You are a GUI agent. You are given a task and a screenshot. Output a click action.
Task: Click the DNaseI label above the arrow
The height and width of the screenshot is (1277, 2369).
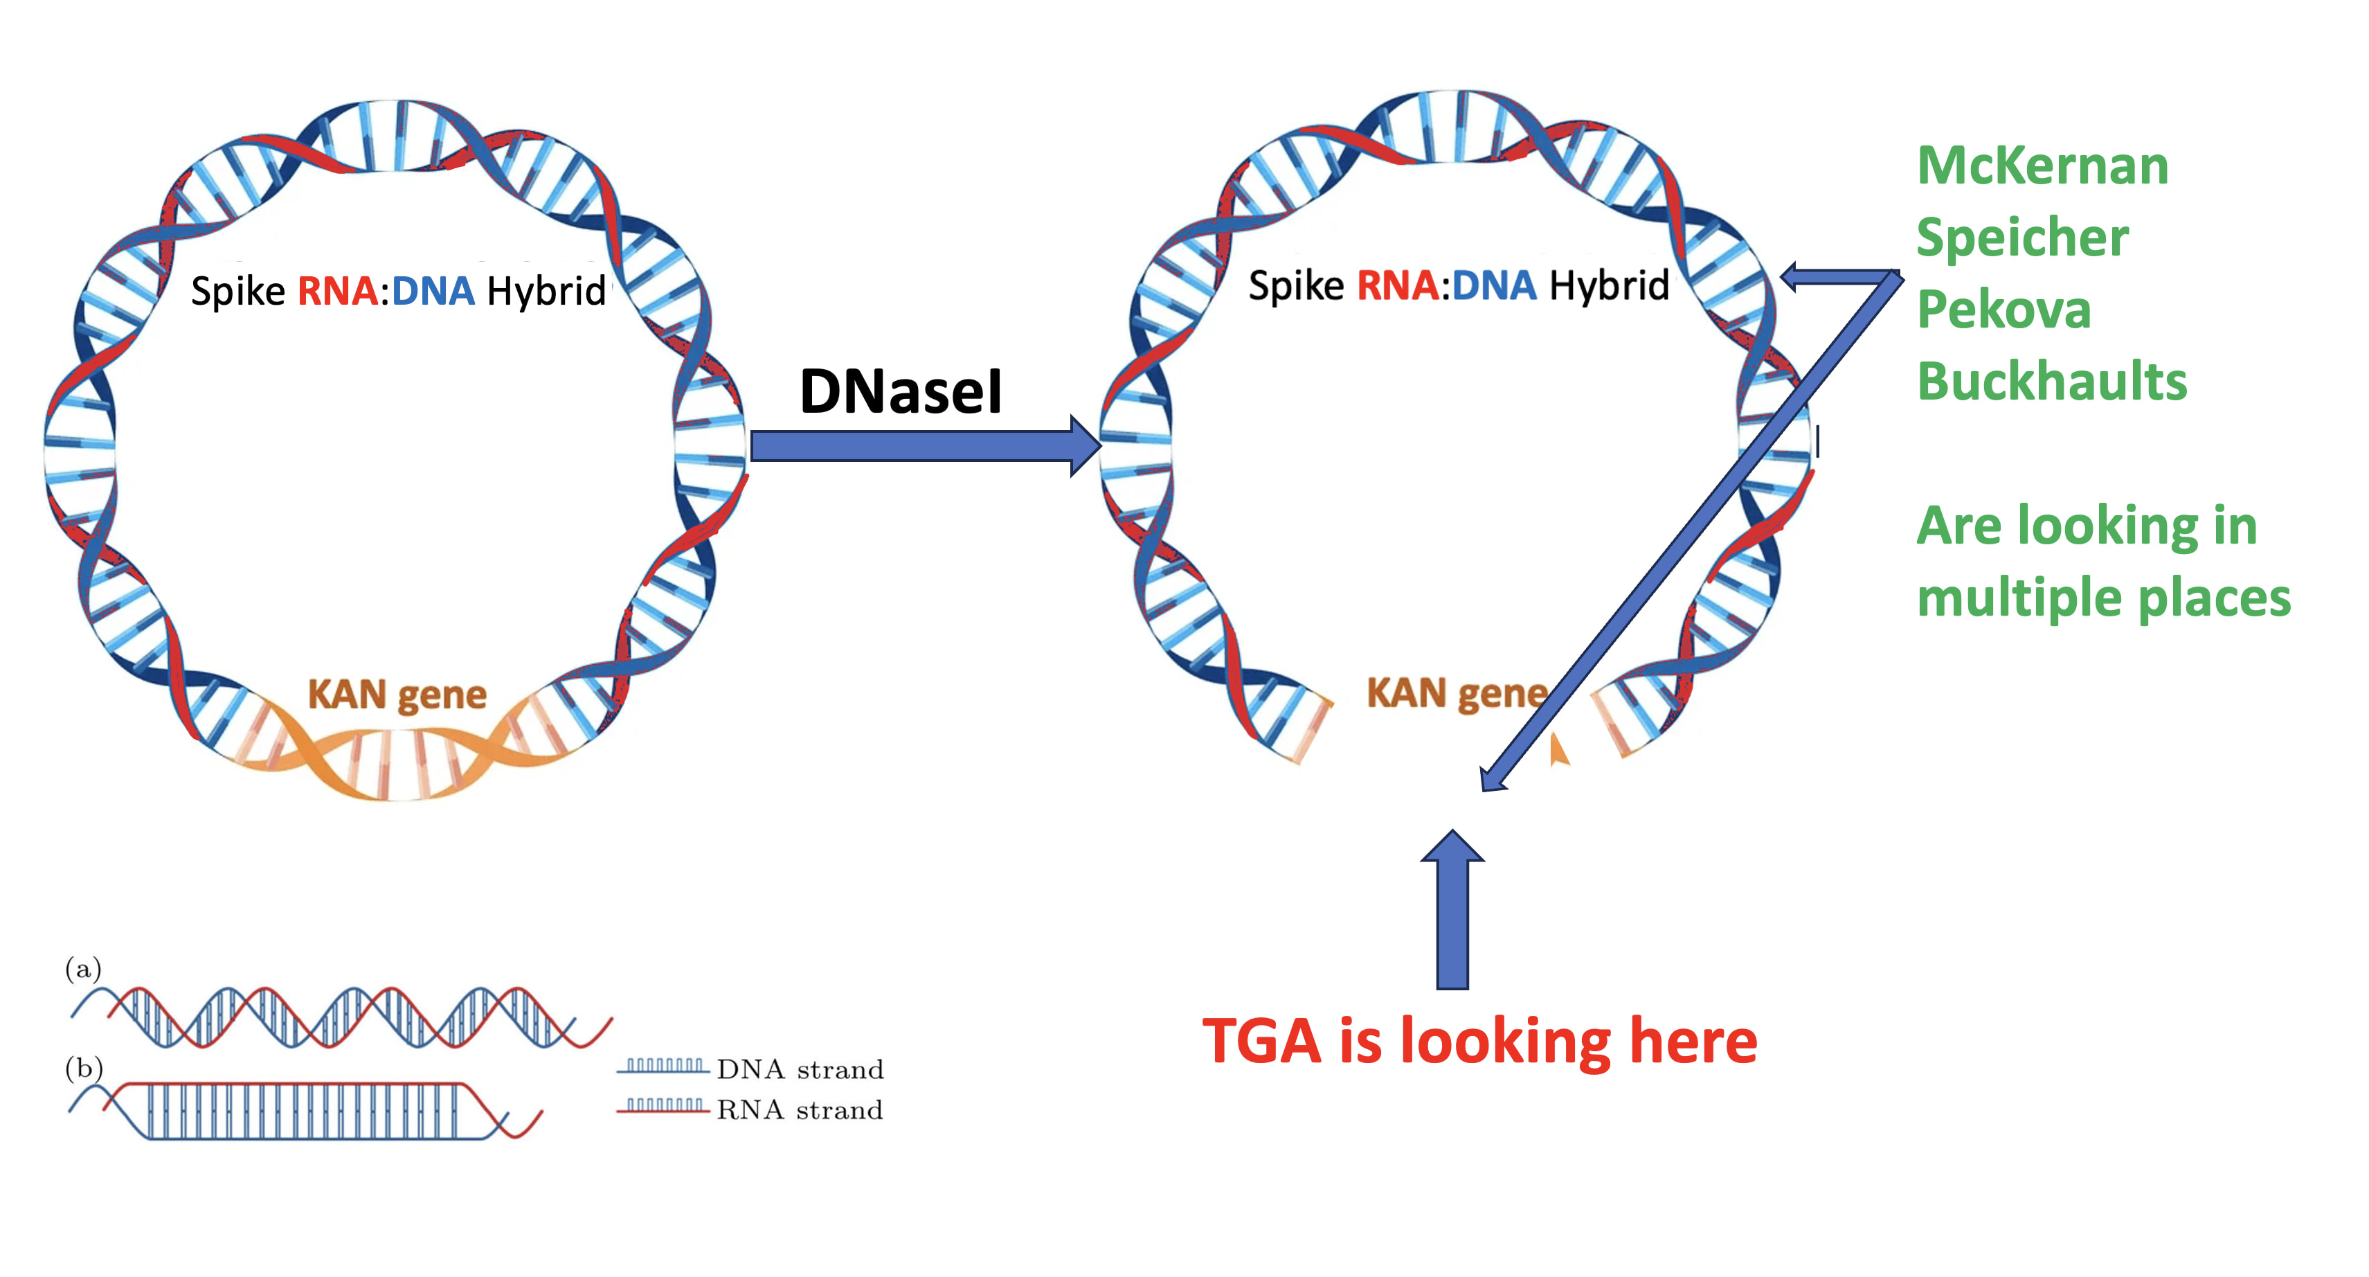click(x=899, y=391)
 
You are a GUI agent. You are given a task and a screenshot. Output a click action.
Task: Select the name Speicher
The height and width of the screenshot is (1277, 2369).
click(x=2021, y=238)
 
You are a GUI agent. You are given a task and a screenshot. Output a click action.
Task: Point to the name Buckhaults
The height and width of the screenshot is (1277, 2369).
click(x=2051, y=381)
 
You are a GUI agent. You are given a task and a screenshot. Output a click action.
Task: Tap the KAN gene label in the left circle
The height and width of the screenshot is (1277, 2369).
click(x=397, y=695)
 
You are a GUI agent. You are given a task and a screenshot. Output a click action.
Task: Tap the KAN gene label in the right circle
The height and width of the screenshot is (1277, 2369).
click(x=1456, y=693)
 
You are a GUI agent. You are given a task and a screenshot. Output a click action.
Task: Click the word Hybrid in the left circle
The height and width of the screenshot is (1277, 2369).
click(x=546, y=291)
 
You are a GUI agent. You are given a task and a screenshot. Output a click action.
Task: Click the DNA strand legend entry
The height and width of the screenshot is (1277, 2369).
click(x=798, y=1069)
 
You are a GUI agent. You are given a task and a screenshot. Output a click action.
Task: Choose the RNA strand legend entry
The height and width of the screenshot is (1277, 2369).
click(x=798, y=1109)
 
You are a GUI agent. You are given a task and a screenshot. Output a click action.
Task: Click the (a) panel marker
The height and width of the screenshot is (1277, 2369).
click(x=83, y=968)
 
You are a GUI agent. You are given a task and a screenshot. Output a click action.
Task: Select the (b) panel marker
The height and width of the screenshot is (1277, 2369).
click(x=83, y=1067)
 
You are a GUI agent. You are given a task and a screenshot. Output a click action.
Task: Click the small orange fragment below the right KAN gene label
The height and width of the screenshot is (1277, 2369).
click(x=1557, y=750)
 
